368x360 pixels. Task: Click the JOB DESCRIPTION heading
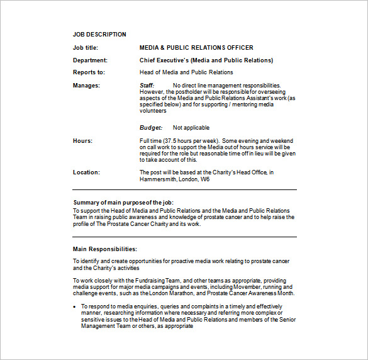coord(99,35)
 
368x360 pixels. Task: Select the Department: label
coord(90,60)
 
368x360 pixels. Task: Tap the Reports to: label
coord(89,72)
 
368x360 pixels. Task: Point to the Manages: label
coord(86,85)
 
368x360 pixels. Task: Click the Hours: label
coord(82,141)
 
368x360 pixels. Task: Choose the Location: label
coord(86,172)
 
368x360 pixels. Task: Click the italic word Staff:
coord(147,85)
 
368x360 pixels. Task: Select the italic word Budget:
coord(150,128)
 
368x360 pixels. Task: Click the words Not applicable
coord(191,128)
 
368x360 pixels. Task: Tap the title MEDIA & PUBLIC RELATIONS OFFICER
coord(196,47)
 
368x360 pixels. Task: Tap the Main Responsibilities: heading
coord(104,249)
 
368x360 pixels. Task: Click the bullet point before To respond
coord(75,307)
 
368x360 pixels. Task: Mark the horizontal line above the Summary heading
coord(184,189)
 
